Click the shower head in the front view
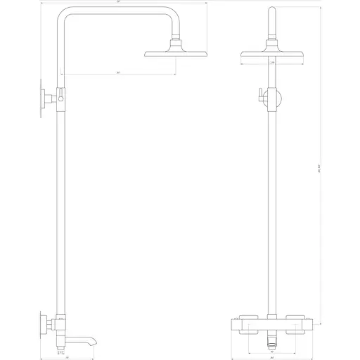click(x=271, y=53)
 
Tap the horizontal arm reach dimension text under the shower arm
click(x=118, y=72)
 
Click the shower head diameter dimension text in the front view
click(x=272, y=63)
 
